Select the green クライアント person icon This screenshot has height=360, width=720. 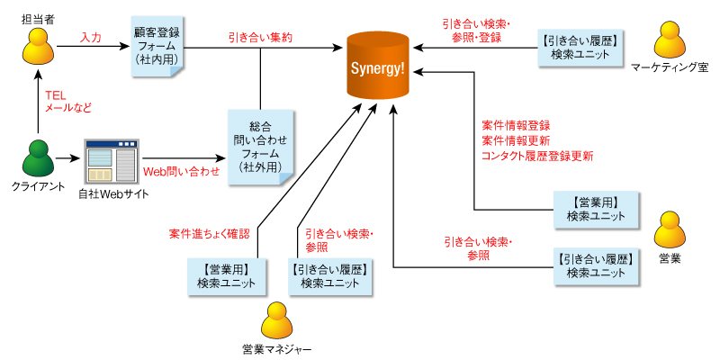(x=37, y=159)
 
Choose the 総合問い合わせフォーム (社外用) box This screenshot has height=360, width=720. (x=259, y=147)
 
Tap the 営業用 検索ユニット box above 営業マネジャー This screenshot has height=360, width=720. (x=221, y=275)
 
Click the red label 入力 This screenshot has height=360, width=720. (x=91, y=38)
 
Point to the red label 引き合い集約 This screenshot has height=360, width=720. (x=260, y=38)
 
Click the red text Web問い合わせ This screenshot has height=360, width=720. (x=181, y=170)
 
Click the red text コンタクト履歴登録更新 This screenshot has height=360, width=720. (x=537, y=156)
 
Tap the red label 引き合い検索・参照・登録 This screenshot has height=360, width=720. (x=476, y=31)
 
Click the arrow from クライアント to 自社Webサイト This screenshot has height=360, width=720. (x=67, y=160)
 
